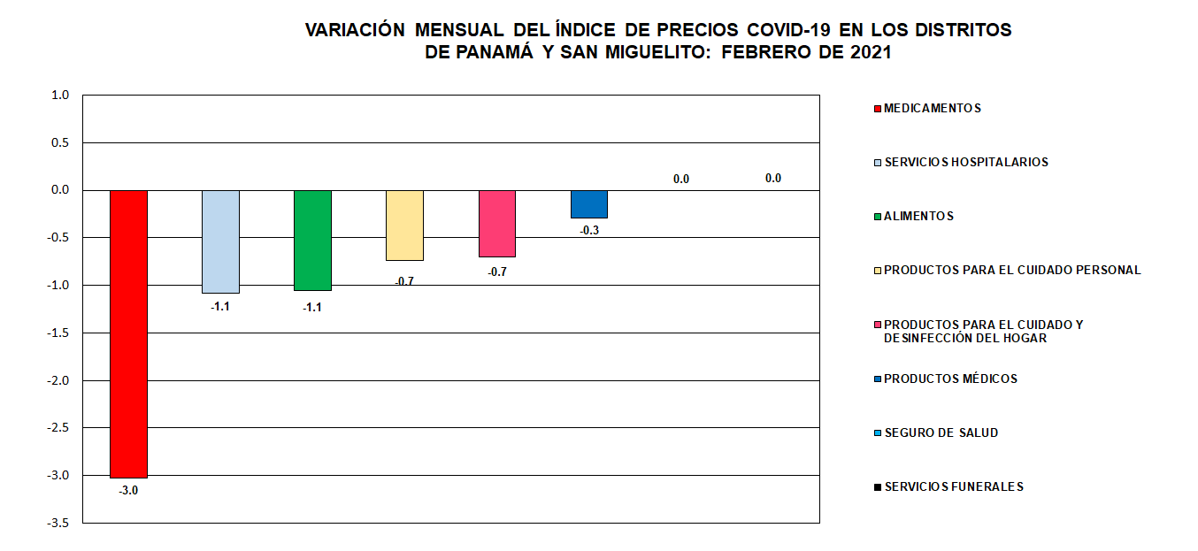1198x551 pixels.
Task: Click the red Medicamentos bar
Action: [128, 333]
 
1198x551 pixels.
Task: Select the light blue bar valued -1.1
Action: [220, 241]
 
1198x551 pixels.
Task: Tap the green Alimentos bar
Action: [312, 240]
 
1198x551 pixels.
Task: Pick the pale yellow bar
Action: [404, 225]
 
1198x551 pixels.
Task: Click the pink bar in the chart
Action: [496, 223]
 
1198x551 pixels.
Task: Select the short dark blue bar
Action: [588, 203]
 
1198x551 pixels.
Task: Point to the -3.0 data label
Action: [128, 490]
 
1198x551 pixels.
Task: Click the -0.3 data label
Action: [588, 230]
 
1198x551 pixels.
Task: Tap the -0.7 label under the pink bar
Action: [496, 272]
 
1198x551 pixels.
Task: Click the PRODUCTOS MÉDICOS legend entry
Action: [950, 379]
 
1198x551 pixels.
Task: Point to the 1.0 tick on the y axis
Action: [60, 95]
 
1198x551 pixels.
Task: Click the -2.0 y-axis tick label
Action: [58, 380]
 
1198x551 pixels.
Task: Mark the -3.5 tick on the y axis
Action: [58, 523]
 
